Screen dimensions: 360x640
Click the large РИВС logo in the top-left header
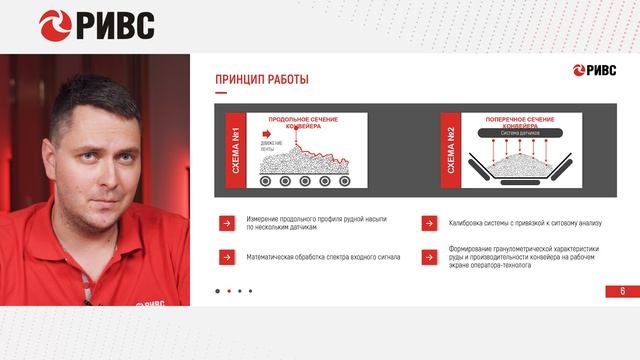(97, 23)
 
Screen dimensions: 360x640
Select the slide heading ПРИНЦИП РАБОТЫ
(262, 80)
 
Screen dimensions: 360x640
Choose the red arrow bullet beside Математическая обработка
(227, 256)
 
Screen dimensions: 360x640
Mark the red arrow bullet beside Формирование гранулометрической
(428, 256)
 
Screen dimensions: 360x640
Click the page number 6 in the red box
(622, 291)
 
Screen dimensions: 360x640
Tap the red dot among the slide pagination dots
(229, 291)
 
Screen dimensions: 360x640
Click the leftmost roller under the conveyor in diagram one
(265, 181)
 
